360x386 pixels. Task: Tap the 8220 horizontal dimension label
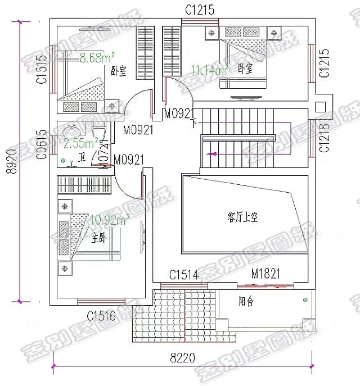coord(182,357)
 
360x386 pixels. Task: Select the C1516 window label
coord(101,317)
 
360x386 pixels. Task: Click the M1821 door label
coord(265,274)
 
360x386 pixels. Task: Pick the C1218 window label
coord(325,138)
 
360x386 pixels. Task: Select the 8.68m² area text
coord(97,57)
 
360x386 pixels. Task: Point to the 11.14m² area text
coord(209,70)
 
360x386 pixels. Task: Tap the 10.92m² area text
coord(110,219)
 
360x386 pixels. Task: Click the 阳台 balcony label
coord(246,302)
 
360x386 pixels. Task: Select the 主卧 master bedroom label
coord(98,238)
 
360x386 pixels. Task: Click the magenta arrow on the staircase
coord(212,153)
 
